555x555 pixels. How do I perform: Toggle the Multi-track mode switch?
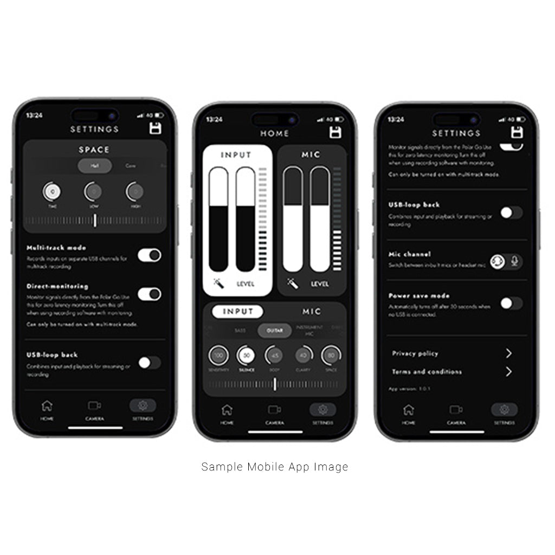(x=149, y=255)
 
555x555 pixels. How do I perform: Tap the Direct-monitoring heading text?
(x=57, y=286)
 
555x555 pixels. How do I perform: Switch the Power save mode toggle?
(x=511, y=303)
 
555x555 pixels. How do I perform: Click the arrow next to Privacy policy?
(x=508, y=353)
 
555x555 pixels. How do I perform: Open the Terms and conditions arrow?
(x=508, y=372)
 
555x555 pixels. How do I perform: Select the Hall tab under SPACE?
(x=95, y=166)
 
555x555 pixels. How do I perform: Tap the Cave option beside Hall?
(x=131, y=166)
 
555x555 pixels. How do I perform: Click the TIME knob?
(x=52, y=191)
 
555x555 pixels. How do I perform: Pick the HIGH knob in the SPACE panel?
(x=135, y=191)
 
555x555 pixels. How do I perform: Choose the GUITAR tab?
(x=275, y=330)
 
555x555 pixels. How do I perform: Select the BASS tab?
(x=240, y=330)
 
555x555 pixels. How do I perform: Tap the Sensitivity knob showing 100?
(x=218, y=356)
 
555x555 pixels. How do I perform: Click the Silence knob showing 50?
(x=247, y=356)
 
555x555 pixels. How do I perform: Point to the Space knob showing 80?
(x=331, y=356)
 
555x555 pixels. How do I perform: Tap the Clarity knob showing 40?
(x=303, y=356)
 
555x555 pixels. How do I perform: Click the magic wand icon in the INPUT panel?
(x=218, y=283)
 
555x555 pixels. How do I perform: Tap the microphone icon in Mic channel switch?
(x=514, y=261)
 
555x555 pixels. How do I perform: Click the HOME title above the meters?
(x=275, y=133)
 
